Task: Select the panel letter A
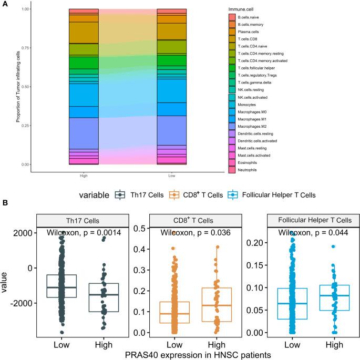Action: tap(4, 4)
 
